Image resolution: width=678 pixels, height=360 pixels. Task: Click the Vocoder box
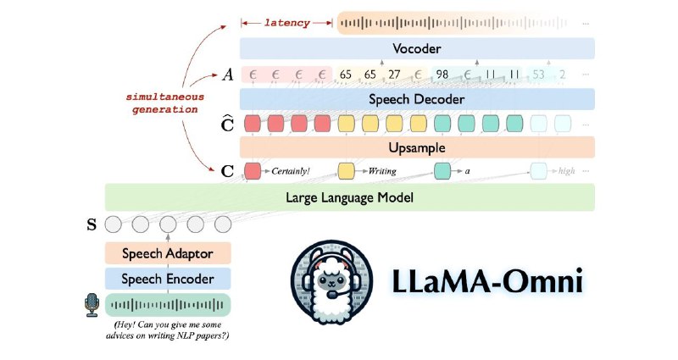click(x=417, y=48)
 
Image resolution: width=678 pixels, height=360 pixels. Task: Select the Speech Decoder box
click(x=417, y=99)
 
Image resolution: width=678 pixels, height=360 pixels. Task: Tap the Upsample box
click(x=417, y=147)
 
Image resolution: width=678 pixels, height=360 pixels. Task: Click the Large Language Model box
click(x=349, y=197)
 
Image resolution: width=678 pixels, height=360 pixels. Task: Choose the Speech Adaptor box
click(x=168, y=253)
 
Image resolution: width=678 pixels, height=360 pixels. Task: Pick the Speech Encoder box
click(x=168, y=279)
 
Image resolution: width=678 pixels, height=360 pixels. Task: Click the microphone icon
click(x=92, y=305)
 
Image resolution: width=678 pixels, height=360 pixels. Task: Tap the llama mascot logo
click(x=331, y=282)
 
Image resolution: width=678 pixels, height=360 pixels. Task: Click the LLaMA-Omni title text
click(x=487, y=281)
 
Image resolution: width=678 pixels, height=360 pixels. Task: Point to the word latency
click(x=287, y=23)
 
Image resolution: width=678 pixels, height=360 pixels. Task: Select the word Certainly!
click(x=291, y=171)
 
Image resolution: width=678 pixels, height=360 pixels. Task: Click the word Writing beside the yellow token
click(x=382, y=171)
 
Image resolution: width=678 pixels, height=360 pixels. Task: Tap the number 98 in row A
click(x=442, y=75)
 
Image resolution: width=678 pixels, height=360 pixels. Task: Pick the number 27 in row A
click(x=394, y=75)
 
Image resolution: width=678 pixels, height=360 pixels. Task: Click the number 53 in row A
click(x=538, y=75)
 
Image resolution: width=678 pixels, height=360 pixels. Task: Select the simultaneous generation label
click(x=164, y=102)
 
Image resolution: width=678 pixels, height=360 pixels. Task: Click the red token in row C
click(x=253, y=171)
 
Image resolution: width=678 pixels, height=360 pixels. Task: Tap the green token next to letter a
click(x=442, y=171)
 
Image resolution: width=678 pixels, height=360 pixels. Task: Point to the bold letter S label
click(x=92, y=224)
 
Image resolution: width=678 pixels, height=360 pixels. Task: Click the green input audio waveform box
click(x=168, y=305)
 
